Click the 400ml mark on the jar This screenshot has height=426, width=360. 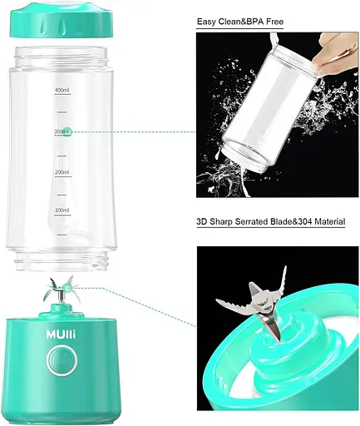(x=62, y=90)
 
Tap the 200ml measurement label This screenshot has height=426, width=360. (x=62, y=172)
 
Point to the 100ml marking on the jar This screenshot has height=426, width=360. (x=62, y=211)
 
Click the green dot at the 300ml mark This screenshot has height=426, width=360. (x=67, y=131)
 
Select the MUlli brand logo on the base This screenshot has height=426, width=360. (x=61, y=334)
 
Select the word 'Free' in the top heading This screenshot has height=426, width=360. (x=275, y=22)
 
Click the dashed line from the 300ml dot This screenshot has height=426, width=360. (x=134, y=131)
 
